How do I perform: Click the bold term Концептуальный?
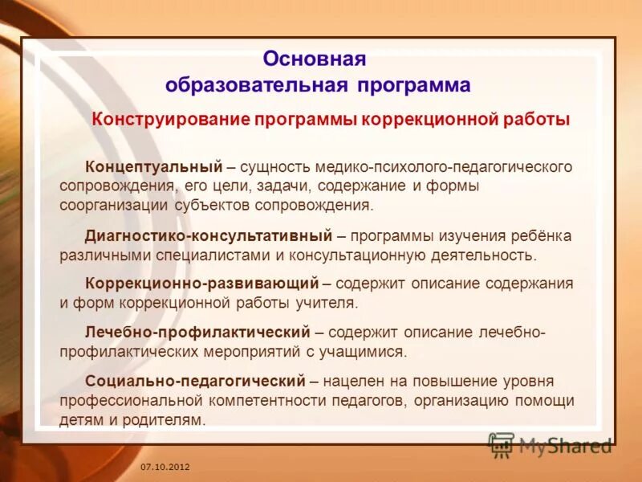pyautogui.click(x=153, y=166)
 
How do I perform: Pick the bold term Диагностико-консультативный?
pyautogui.click(x=209, y=236)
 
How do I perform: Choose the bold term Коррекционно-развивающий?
pyautogui.click(x=203, y=284)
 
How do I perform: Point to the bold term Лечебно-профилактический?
pyautogui.click(x=197, y=332)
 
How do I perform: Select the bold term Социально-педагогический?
pyautogui.click(x=195, y=380)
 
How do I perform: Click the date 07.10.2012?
pyautogui.click(x=165, y=467)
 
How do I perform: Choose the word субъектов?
pyautogui.click(x=212, y=205)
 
